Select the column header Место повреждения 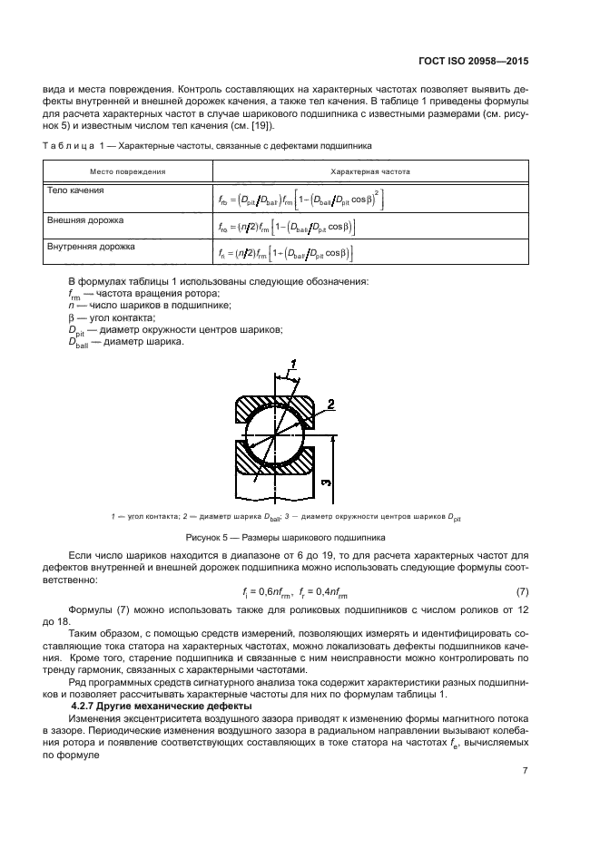coord(127,171)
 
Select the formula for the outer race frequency coord(286,227)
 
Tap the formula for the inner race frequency coord(285,253)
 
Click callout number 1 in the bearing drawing coord(293,365)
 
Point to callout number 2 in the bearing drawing coord(331,404)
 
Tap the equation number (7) coord(521,591)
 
